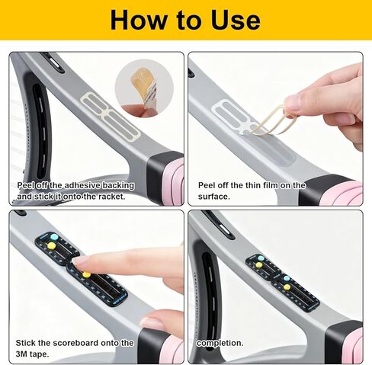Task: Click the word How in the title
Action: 137,20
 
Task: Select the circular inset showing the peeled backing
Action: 144,88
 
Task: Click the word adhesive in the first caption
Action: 82,185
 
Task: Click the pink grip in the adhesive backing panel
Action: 173,181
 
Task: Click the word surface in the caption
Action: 213,197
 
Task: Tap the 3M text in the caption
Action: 21,354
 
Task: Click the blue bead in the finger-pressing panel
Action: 54,237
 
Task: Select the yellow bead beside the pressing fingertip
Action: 86,274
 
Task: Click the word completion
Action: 220,343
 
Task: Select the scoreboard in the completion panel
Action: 282,282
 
